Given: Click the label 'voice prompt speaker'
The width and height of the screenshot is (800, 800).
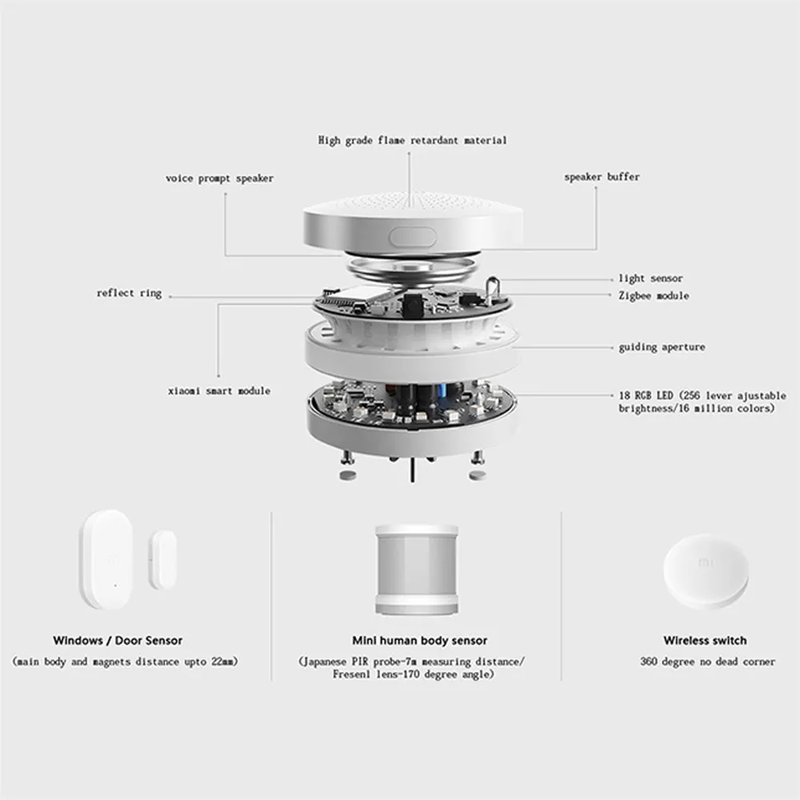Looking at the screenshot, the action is pyautogui.click(x=219, y=178).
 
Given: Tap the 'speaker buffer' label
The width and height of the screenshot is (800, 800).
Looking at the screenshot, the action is pyautogui.click(x=602, y=177).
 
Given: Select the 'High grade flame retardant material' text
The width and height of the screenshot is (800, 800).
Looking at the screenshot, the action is pyautogui.click(x=412, y=140).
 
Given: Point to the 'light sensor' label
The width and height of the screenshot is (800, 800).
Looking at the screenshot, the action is pyautogui.click(x=650, y=278).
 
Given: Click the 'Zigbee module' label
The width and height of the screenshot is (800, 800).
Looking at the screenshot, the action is pyautogui.click(x=654, y=295).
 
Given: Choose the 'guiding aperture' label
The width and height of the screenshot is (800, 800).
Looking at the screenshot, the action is pyautogui.click(x=662, y=347).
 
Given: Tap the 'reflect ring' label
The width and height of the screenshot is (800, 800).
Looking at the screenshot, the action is pyautogui.click(x=129, y=294).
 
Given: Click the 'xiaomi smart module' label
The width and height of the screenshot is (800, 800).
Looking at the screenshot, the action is pyautogui.click(x=219, y=391).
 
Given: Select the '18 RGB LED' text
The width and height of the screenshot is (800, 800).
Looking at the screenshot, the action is pyautogui.click(x=646, y=395).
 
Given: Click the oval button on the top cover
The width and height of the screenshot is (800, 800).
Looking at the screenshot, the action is pyautogui.click(x=413, y=238).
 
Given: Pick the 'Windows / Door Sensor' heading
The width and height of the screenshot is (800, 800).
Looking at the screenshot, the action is pyautogui.click(x=118, y=640).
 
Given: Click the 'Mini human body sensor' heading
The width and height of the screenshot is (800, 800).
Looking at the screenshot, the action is pyautogui.click(x=420, y=640).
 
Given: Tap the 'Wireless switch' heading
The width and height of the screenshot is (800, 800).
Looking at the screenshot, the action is pyautogui.click(x=705, y=640).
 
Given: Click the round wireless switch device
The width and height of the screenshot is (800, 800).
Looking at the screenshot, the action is pyautogui.click(x=706, y=571).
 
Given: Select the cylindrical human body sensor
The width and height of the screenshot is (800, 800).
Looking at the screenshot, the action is pyautogui.click(x=417, y=569).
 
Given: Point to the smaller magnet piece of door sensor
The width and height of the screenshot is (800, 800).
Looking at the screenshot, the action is pyautogui.click(x=162, y=560).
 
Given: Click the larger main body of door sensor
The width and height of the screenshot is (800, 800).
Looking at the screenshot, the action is pyautogui.click(x=106, y=559).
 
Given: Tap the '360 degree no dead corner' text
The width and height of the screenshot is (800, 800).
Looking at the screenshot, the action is pyautogui.click(x=708, y=662).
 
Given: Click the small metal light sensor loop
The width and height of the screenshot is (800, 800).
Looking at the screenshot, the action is pyautogui.click(x=492, y=290).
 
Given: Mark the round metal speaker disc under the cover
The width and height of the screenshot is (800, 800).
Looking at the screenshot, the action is pyautogui.click(x=412, y=270).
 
